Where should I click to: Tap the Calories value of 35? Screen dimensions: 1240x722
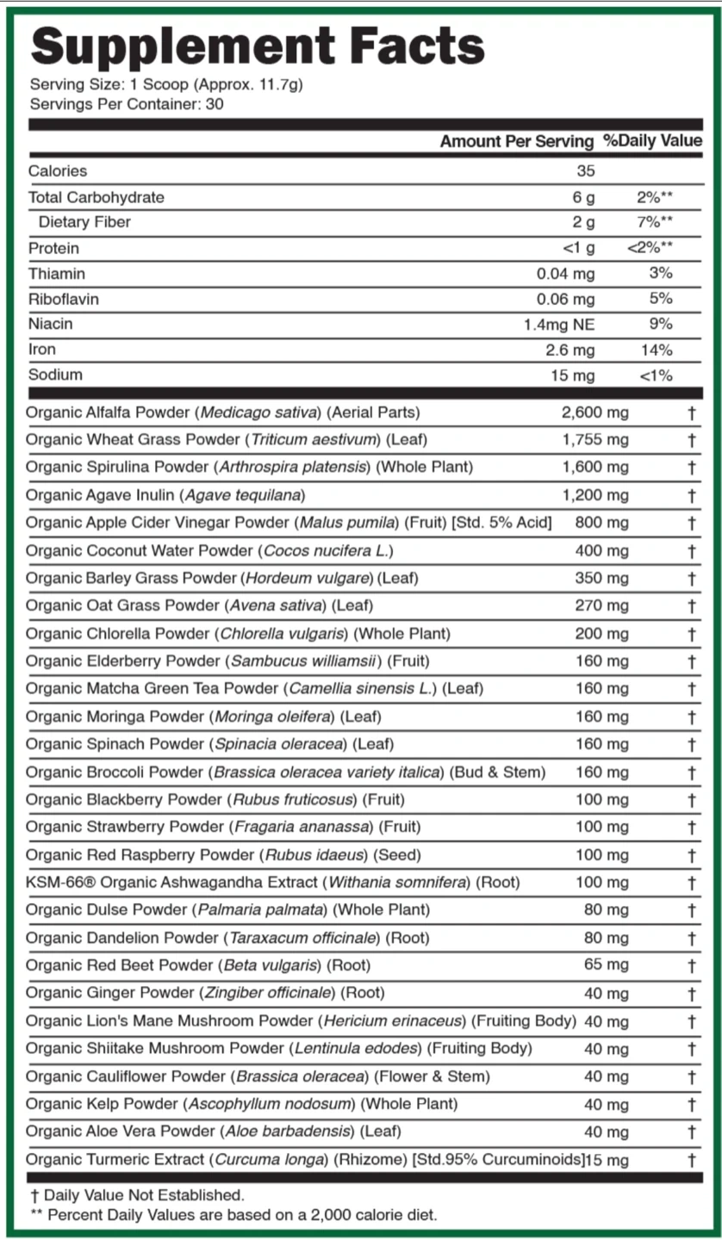pyautogui.click(x=585, y=171)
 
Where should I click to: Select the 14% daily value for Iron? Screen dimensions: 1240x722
pyautogui.click(x=657, y=350)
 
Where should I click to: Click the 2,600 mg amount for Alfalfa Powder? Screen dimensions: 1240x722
pyautogui.click(x=594, y=412)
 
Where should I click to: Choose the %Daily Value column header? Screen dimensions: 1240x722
pyautogui.click(x=652, y=141)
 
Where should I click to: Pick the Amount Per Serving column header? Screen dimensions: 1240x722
pyautogui.click(x=516, y=141)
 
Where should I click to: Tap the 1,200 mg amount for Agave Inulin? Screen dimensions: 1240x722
pyautogui.click(x=594, y=495)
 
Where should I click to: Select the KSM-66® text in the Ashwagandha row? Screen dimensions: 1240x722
pyautogui.click(x=53, y=883)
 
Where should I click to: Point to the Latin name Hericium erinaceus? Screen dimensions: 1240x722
pyautogui.click(x=394, y=1021)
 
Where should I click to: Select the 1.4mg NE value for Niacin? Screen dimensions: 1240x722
pyautogui.click(x=558, y=325)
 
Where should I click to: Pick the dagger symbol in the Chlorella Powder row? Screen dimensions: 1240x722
pyautogui.click(x=692, y=634)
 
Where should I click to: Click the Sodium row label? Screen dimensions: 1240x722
pyautogui.click(x=55, y=375)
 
